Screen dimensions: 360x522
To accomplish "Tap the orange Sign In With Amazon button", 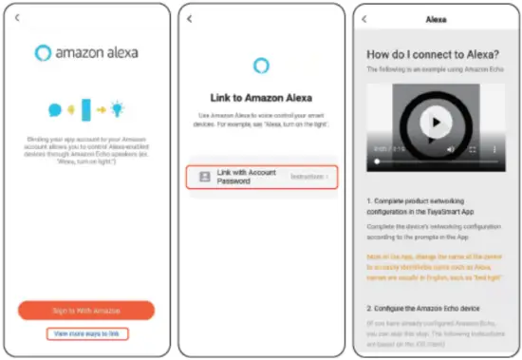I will [86, 311].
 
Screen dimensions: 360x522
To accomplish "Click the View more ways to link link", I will [87, 333].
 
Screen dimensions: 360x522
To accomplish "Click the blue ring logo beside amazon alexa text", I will [42, 52].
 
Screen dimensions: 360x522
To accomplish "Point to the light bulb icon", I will [119, 109].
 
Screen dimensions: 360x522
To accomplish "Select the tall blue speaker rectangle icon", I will [86, 109].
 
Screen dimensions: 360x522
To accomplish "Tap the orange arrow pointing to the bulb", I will [102, 109].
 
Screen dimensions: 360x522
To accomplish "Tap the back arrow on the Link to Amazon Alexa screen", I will [191, 18].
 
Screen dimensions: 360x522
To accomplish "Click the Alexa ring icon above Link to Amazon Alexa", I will [261, 66].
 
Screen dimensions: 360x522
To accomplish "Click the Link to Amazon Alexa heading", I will [261, 98].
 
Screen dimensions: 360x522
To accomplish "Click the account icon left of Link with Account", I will [204, 177].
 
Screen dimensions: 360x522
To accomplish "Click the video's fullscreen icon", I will [473, 149].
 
